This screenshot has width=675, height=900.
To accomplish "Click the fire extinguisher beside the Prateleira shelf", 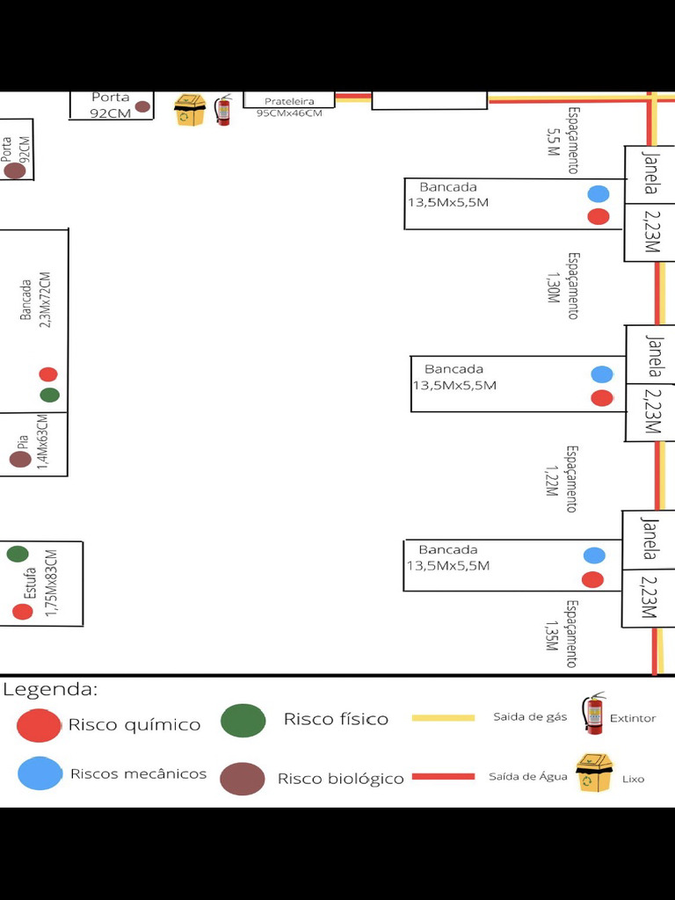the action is pos(222,110).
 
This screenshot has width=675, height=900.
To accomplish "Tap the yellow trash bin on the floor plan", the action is pos(190,110).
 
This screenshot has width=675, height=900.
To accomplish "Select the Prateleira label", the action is pos(289,101).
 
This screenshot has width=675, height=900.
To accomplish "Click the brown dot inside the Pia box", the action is pos(20,459).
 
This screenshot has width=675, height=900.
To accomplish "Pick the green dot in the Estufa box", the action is pos(18,554).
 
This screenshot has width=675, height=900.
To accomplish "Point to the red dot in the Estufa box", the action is pos(22,612).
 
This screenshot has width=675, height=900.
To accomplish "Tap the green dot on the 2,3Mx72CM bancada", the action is pos(49,395).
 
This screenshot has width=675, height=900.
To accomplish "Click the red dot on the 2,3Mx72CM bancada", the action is pos(48,374).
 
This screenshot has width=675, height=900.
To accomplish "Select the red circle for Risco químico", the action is pos(39,725).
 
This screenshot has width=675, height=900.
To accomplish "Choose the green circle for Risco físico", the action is pos(243,721).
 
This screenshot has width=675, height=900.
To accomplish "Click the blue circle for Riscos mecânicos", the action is pos(40,773).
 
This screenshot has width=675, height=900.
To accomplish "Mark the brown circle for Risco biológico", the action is pos(243,779).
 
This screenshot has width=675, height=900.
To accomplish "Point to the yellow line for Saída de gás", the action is pos(443,717).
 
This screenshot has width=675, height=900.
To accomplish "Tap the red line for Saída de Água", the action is pos(443,777).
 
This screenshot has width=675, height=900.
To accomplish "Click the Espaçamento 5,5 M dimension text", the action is pos(562,141).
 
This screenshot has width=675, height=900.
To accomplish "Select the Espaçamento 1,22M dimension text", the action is pos(562,479).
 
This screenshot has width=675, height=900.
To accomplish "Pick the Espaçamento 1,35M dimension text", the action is pos(562,634).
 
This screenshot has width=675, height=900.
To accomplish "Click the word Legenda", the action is pos(50,689).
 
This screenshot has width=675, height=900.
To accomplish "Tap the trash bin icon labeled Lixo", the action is pos(594,773).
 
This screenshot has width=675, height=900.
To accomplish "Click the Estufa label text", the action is pos(30,584).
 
